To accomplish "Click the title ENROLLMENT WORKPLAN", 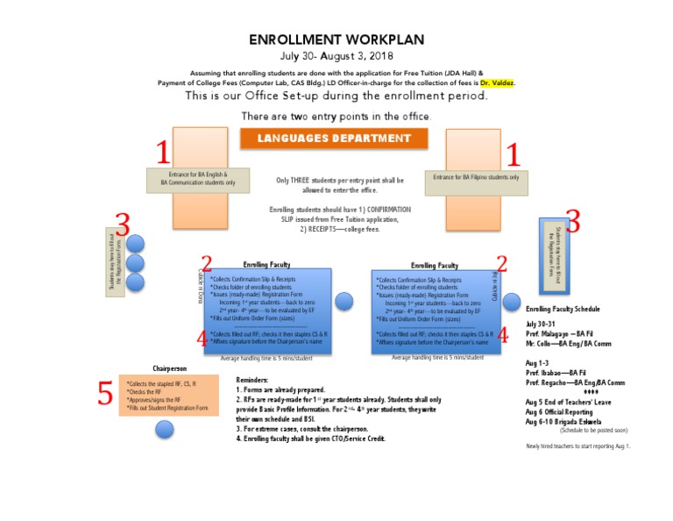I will [336, 39].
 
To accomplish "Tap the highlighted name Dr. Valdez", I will [498, 83].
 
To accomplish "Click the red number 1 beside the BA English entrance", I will [162, 153].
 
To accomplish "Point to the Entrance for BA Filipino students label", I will [476, 177].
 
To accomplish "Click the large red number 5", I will [105, 395].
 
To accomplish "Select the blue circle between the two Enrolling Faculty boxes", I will [344, 301].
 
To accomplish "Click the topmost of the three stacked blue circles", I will [136, 244].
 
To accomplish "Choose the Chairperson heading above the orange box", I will [170, 368].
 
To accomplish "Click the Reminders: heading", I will [257, 380].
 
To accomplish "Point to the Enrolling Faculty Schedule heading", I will [563, 310].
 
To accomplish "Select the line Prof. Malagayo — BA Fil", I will [565, 333].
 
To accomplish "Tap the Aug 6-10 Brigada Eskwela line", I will [563, 422].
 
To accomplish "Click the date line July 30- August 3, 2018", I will [336, 56].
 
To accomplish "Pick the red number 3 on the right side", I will [573, 221].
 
